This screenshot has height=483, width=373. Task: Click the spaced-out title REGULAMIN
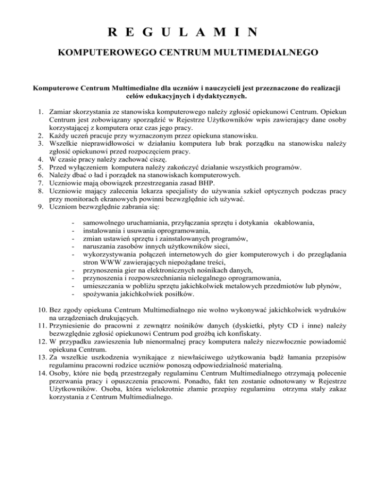click(x=186, y=33)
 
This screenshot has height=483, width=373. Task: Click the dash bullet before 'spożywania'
click(x=72, y=293)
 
